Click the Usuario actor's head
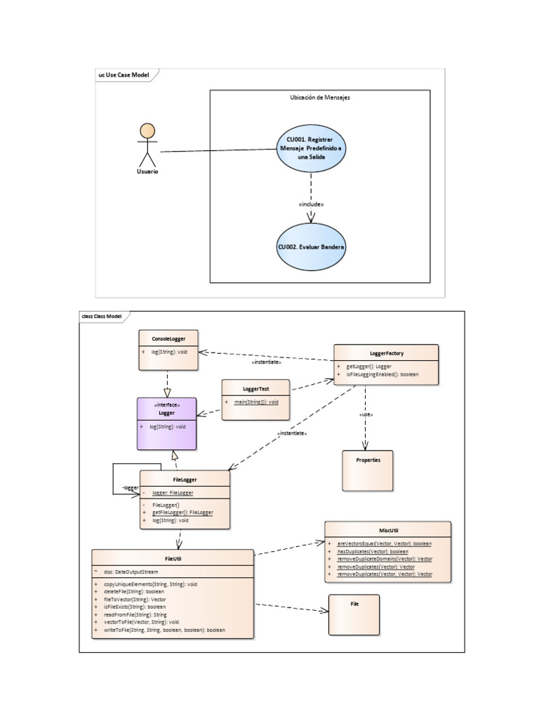(x=147, y=131)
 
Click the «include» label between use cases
(x=312, y=204)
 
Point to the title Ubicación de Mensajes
(x=319, y=98)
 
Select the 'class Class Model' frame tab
(x=102, y=317)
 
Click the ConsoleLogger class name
(x=167, y=338)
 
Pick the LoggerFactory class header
(x=385, y=352)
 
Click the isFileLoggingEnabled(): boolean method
(x=382, y=375)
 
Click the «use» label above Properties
(x=365, y=415)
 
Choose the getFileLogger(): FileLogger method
(x=182, y=513)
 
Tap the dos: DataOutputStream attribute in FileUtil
(x=133, y=572)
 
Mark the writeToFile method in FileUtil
(x=164, y=630)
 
